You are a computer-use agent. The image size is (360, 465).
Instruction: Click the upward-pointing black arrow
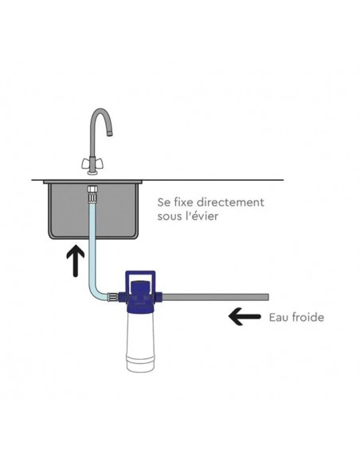pyautogui.click(x=76, y=260)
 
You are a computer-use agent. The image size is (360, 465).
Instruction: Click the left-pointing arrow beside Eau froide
pyautogui.click(x=245, y=316)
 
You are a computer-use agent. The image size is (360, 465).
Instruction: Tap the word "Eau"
pyautogui.click(x=278, y=318)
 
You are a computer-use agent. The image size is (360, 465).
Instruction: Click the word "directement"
pyautogui.click(x=230, y=202)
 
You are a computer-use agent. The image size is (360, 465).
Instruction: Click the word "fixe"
pyautogui.click(x=183, y=202)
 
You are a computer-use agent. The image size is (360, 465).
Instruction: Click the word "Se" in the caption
pyautogui.click(x=163, y=202)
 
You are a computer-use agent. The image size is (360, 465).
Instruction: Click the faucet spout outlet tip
pyautogui.click(x=109, y=133)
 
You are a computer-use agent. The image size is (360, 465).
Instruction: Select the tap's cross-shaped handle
pyautogui.click(x=92, y=162)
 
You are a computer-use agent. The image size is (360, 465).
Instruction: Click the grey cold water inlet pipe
pyautogui.click(x=216, y=296)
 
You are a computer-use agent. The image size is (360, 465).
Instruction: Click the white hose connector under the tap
pyautogui.click(x=92, y=193)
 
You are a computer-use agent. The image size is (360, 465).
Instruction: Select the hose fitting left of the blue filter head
pyautogui.click(x=112, y=297)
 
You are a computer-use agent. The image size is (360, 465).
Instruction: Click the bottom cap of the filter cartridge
pyautogui.click(x=140, y=365)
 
